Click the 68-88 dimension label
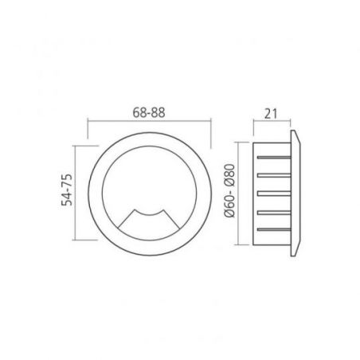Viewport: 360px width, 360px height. click(149, 112)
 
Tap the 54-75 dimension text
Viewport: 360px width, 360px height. click(67, 190)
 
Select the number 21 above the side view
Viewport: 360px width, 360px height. click(271, 114)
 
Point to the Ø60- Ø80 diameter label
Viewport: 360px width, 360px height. click(229, 191)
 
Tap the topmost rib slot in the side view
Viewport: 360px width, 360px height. click(274, 158)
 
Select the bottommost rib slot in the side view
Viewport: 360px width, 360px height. click(274, 229)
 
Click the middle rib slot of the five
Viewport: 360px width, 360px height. click(274, 194)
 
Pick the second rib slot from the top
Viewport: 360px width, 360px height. click(274, 175)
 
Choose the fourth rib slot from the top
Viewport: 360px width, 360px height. click(274, 213)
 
